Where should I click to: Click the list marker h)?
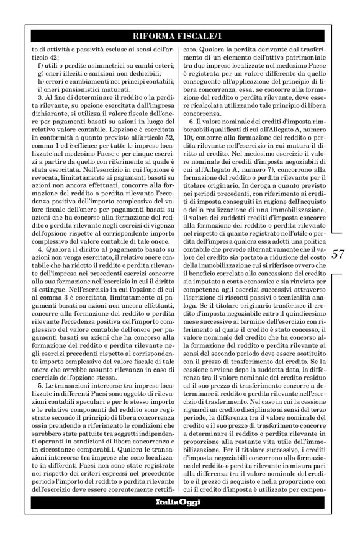point(41,82)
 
